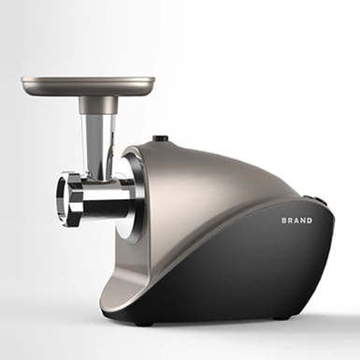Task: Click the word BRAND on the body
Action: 296,221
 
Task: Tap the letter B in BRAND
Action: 284,221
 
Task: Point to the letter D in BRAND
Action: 310,221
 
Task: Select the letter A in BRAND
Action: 296,221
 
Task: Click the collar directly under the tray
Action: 97,105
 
